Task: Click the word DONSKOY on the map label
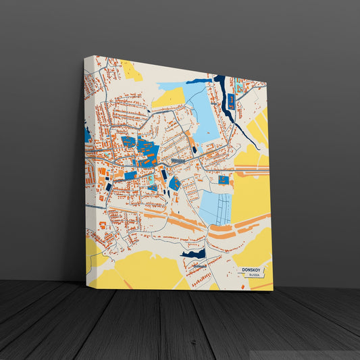point(253,269)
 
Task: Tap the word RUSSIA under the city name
point(253,276)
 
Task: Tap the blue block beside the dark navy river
point(231,102)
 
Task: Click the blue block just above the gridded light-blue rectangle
point(224,180)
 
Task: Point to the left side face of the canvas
point(86,169)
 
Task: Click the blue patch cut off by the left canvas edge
point(88,134)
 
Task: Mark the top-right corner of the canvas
point(267,82)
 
